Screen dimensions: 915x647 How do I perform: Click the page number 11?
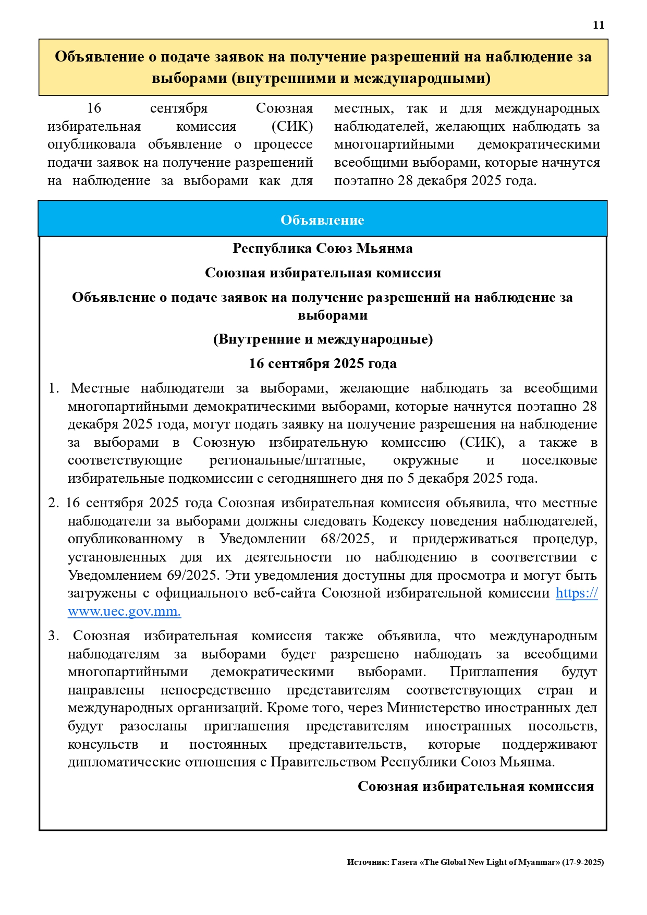pyautogui.click(x=599, y=25)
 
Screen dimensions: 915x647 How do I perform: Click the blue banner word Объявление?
pyautogui.click(x=322, y=220)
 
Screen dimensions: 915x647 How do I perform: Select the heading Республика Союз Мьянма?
pyautogui.click(x=322, y=248)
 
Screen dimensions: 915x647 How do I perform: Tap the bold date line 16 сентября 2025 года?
pyautogui.click(x=322, y=363)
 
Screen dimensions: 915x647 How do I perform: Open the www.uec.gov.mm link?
pyautogui.click(x=124, y=611)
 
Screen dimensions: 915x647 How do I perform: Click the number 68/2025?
pyautogui.click(x=347, y=539)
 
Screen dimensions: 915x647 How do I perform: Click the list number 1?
pyautogui.click(x=53, y=388)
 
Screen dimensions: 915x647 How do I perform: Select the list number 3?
pyautogui.click(x=53, y=636)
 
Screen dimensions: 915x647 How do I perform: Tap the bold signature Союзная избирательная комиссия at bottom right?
pyautogui.click(x=475, y=786)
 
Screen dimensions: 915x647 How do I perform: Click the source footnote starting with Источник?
pyautogui.click(x=475, y=862)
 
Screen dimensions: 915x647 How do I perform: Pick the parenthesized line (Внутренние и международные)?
pyautogui.click(x=322, y=339)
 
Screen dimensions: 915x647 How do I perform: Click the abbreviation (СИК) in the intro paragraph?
pyautogui.click(x=292, y=126)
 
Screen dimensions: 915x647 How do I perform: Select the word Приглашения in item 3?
pyautogui.click(x=493, y=672)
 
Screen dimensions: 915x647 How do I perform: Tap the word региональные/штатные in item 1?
pyautogui.click(x=287, y=460)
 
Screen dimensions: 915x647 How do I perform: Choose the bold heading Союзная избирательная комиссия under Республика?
pyautogui.click(x=322, y=273)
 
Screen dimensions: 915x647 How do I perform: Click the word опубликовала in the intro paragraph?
pyautogui.click(x=92, y=144)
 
